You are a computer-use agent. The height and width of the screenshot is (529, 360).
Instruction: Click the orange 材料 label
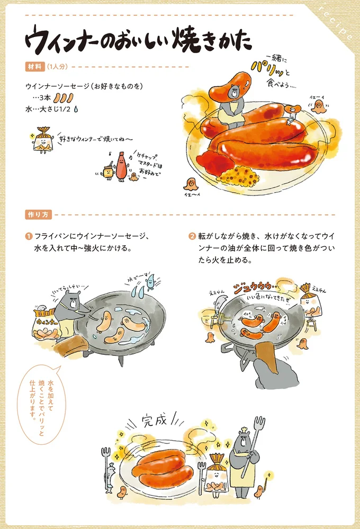coord(33,67)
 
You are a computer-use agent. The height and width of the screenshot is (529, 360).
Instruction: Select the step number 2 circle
coord(192,236)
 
